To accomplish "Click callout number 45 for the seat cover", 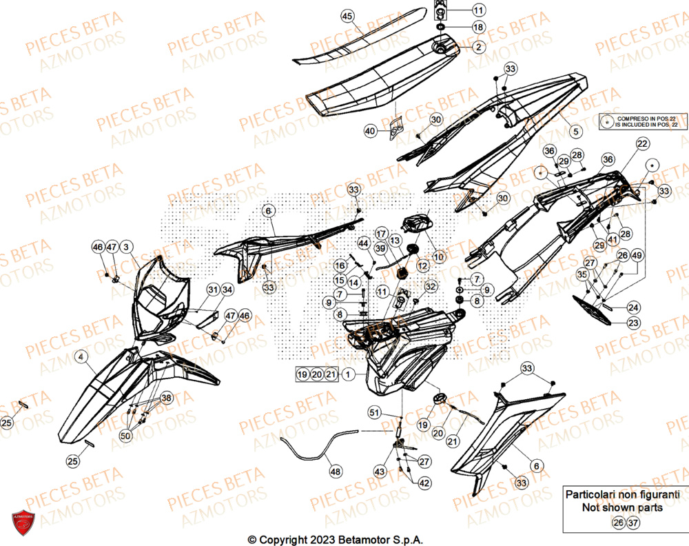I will point(347,16).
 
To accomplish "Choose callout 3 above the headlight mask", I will point(127,246).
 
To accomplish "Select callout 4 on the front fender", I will point(81,356).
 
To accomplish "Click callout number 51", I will point(374,413).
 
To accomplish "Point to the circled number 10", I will point(439,256).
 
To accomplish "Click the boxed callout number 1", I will point(349,374).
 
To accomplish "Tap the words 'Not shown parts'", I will point(622,507).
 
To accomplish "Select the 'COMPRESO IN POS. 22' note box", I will point(641,122).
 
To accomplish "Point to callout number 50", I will point(125,436).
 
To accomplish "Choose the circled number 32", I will point(431,286).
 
